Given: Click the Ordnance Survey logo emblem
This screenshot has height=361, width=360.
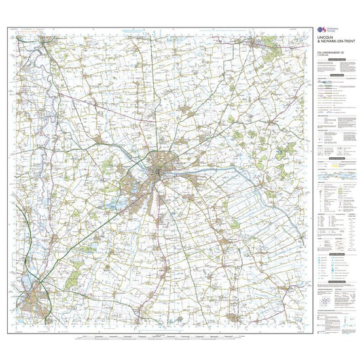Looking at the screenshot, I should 321,29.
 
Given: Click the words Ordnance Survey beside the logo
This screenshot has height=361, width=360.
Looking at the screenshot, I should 332,30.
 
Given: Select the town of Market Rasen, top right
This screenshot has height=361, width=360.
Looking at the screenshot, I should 257,44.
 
